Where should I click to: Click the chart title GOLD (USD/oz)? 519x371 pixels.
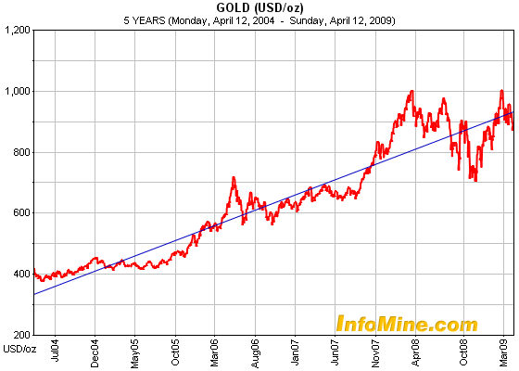[x=259, y=8]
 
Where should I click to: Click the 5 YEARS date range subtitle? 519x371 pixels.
[x=259, y=19]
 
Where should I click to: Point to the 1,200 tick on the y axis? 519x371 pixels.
[x=17, y=31]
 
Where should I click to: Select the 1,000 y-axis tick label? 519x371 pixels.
[x=17, y=91]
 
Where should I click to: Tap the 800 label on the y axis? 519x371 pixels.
[x=20, y=152]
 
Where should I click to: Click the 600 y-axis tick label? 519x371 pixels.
[x=20, y=212]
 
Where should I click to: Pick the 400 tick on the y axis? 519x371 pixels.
[x=20, y=274]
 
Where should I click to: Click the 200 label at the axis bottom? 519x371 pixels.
[x=20, y=334]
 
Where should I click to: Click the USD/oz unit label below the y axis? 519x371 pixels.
[x=18, y=349]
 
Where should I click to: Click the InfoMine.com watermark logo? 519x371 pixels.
[x=406, y=324]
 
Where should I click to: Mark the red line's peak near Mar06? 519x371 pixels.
[x=233, y=177]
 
